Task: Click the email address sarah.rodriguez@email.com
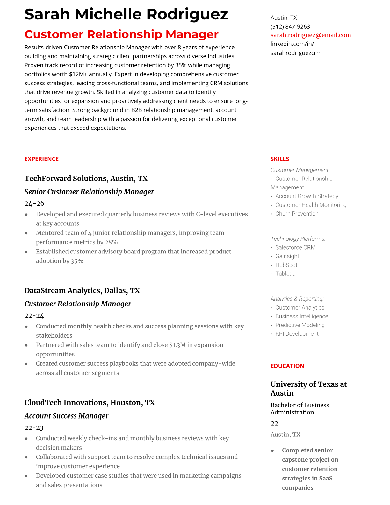[311, 35]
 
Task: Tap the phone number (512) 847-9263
[290, 26]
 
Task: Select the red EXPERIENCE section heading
[41, 159]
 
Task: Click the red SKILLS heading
[280, 159]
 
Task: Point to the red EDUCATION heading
[287, 366]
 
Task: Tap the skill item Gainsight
[287, 256]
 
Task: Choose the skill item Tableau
[285, 274]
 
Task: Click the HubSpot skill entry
[286, 265]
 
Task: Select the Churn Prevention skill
[297, 214]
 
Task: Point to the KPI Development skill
[297, 334]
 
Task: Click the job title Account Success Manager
[66, 416]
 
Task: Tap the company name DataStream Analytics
[63, 290]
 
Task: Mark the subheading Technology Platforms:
[298, 239]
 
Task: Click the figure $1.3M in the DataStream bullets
[177, 345]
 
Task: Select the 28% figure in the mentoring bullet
[111, 242]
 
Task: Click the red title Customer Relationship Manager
[121, 34]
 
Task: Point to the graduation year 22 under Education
[274, 423]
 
